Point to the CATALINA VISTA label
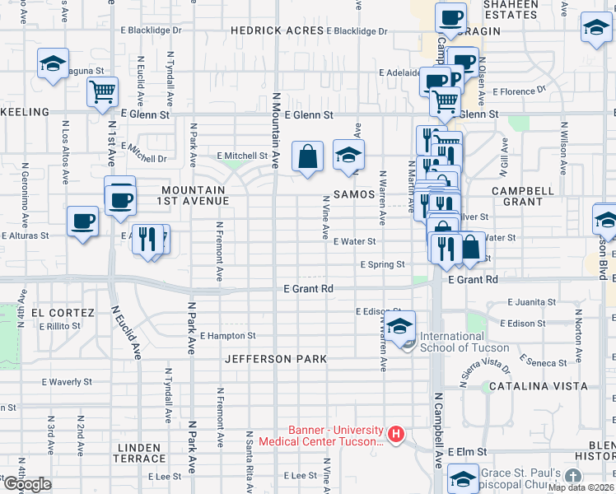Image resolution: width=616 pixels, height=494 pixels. point(538,385)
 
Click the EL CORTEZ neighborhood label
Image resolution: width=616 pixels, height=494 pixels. point(57,313)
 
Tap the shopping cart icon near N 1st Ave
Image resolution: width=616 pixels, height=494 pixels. point(103,92)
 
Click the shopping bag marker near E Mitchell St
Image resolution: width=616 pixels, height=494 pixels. point(307,156)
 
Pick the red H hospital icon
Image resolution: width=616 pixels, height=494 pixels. point(396,434)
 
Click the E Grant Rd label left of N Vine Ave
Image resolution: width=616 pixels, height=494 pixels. point(308,289)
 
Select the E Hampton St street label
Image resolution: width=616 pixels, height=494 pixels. point(228,336)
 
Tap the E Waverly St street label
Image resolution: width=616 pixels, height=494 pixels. point(68,382)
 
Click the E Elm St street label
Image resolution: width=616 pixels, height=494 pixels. point(468,452)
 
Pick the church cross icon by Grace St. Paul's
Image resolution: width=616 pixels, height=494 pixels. point(573,477)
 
